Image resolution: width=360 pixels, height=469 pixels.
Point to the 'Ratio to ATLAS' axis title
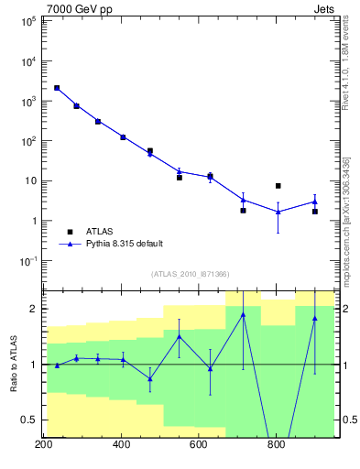click(13, 365)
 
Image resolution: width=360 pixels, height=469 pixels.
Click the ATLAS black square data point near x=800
click(278, 186)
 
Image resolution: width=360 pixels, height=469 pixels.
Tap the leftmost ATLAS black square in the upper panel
click(57, 88)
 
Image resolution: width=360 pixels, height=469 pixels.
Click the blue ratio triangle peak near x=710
click(243, 315)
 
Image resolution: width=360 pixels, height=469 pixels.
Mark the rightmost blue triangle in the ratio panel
click(314, 318)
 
